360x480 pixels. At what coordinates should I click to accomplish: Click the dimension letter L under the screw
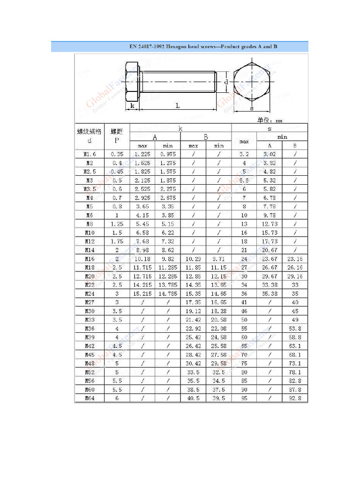(178, 106)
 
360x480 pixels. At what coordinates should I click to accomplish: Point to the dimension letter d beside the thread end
(225, 82)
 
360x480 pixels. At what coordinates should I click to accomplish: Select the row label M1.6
(90, 154)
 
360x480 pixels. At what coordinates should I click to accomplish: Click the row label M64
(90, 398)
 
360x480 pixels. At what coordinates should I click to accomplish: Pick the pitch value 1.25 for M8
(117, 224)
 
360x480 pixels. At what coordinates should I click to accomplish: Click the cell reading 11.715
(142, 268)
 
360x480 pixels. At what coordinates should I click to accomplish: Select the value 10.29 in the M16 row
(193, 259)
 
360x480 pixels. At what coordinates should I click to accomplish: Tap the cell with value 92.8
(295, 398)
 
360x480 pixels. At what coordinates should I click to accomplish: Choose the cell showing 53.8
(295, 329)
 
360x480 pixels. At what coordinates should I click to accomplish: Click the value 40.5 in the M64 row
(193, 398)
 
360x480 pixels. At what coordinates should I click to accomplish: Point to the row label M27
(90, 302)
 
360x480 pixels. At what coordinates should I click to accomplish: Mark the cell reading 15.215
(142, 294)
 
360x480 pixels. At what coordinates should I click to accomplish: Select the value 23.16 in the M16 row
(295, 259)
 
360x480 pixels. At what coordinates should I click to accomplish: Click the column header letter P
(117, 140)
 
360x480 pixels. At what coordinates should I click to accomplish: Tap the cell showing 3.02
(270, 154)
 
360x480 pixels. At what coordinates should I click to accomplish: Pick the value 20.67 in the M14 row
(270, 250)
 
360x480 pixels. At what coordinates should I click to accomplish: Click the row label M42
(90, 346)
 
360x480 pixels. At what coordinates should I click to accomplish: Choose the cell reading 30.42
(193, 363)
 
